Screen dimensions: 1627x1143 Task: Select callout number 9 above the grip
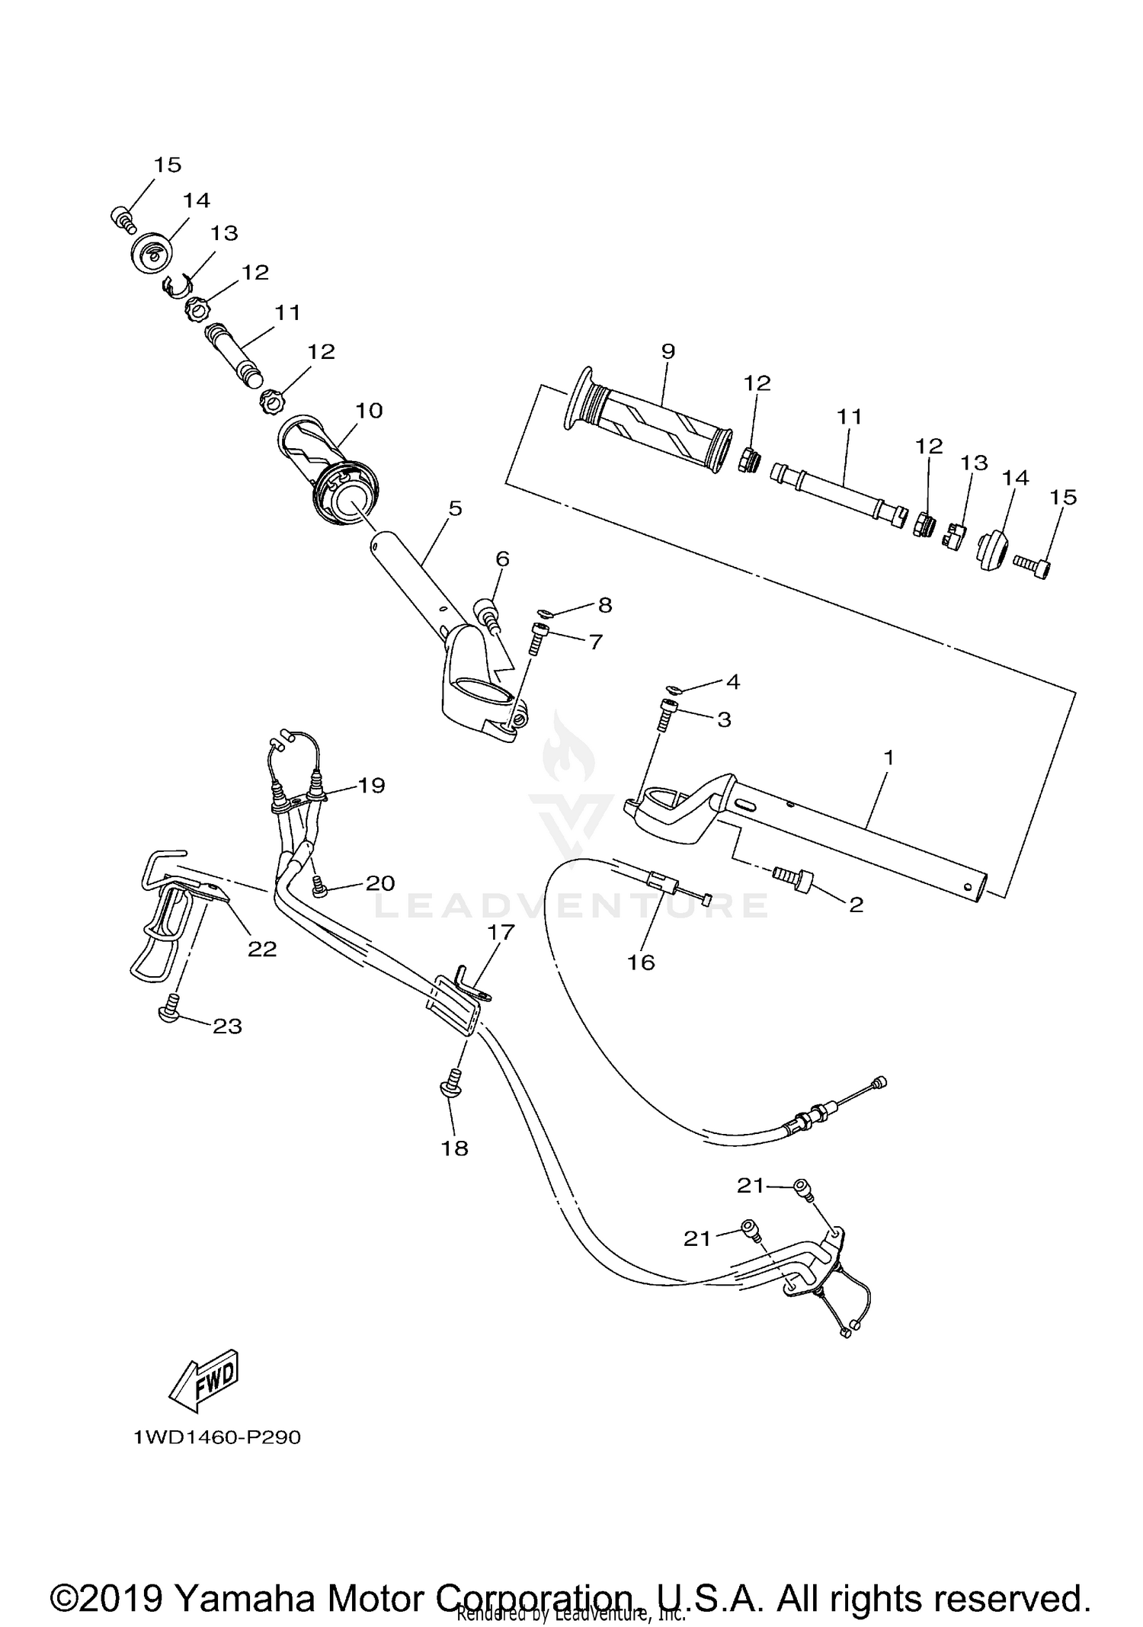668,351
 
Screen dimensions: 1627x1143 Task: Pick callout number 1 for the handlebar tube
888,757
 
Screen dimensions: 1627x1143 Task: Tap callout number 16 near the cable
641,962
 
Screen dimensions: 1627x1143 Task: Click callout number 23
227,1026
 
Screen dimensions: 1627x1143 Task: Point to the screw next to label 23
169,1011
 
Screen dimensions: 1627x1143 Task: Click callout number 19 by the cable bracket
371,785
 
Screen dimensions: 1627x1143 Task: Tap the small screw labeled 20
320,886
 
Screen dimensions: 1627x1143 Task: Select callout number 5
455,508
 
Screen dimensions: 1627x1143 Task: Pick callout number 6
502,559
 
